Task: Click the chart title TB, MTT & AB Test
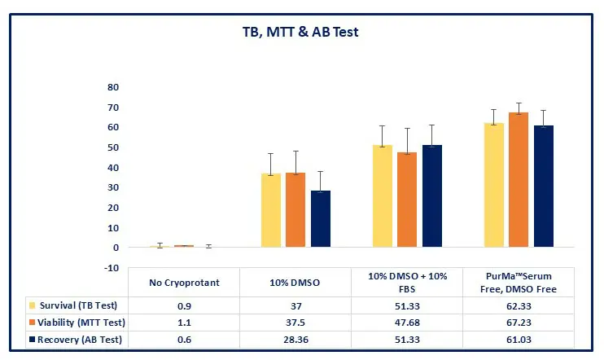click(302, 33)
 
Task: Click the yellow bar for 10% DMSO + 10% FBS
click(382, 195)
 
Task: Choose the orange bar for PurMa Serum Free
click(519, 179)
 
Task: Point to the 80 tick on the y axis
click(113, 87)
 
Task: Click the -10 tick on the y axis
click(112, 268)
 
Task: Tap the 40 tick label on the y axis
click(113, 168)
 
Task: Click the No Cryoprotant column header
click(184, 283)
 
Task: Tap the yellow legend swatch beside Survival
click(32, 306)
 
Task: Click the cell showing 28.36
click(295, 340)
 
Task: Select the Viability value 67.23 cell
click(518, 323)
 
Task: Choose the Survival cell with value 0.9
click(184, 306)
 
